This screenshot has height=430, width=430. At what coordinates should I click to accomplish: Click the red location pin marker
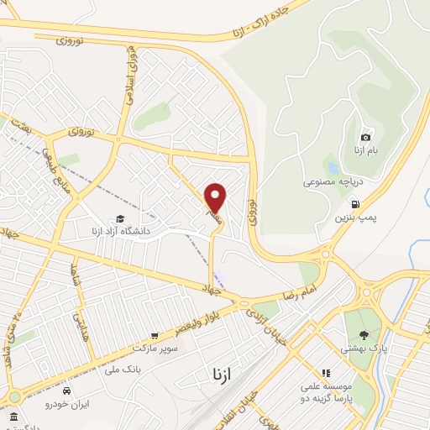(216, 197)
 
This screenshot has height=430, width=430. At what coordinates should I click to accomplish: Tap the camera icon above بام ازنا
(365, 137)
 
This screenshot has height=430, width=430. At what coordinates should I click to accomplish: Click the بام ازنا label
(365, 150)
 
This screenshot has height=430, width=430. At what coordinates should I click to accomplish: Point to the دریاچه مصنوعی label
(333, 181)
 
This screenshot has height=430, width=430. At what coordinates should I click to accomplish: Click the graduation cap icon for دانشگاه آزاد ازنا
(108, 218)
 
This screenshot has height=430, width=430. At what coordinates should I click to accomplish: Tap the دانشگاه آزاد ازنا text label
(113, 229)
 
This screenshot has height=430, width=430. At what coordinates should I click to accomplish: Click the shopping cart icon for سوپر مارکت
(153, 334)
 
